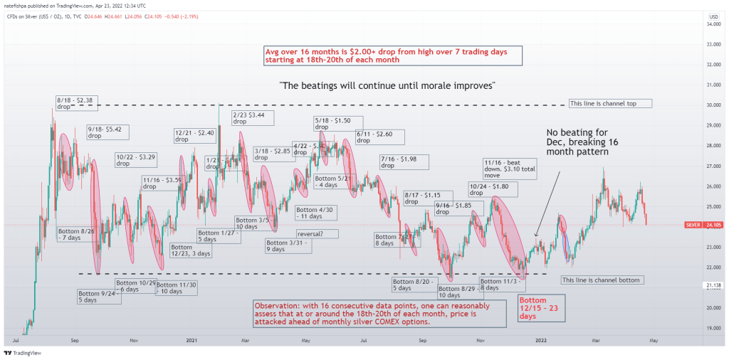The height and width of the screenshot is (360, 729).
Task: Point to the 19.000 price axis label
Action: coord(709,328)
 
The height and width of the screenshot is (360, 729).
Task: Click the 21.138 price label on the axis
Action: coord(709,285)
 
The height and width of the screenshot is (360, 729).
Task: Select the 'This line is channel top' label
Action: coord(611,103)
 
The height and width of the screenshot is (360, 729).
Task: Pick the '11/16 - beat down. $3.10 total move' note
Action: coord(508,169)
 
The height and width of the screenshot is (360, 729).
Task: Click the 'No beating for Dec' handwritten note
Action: coord(578,142)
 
